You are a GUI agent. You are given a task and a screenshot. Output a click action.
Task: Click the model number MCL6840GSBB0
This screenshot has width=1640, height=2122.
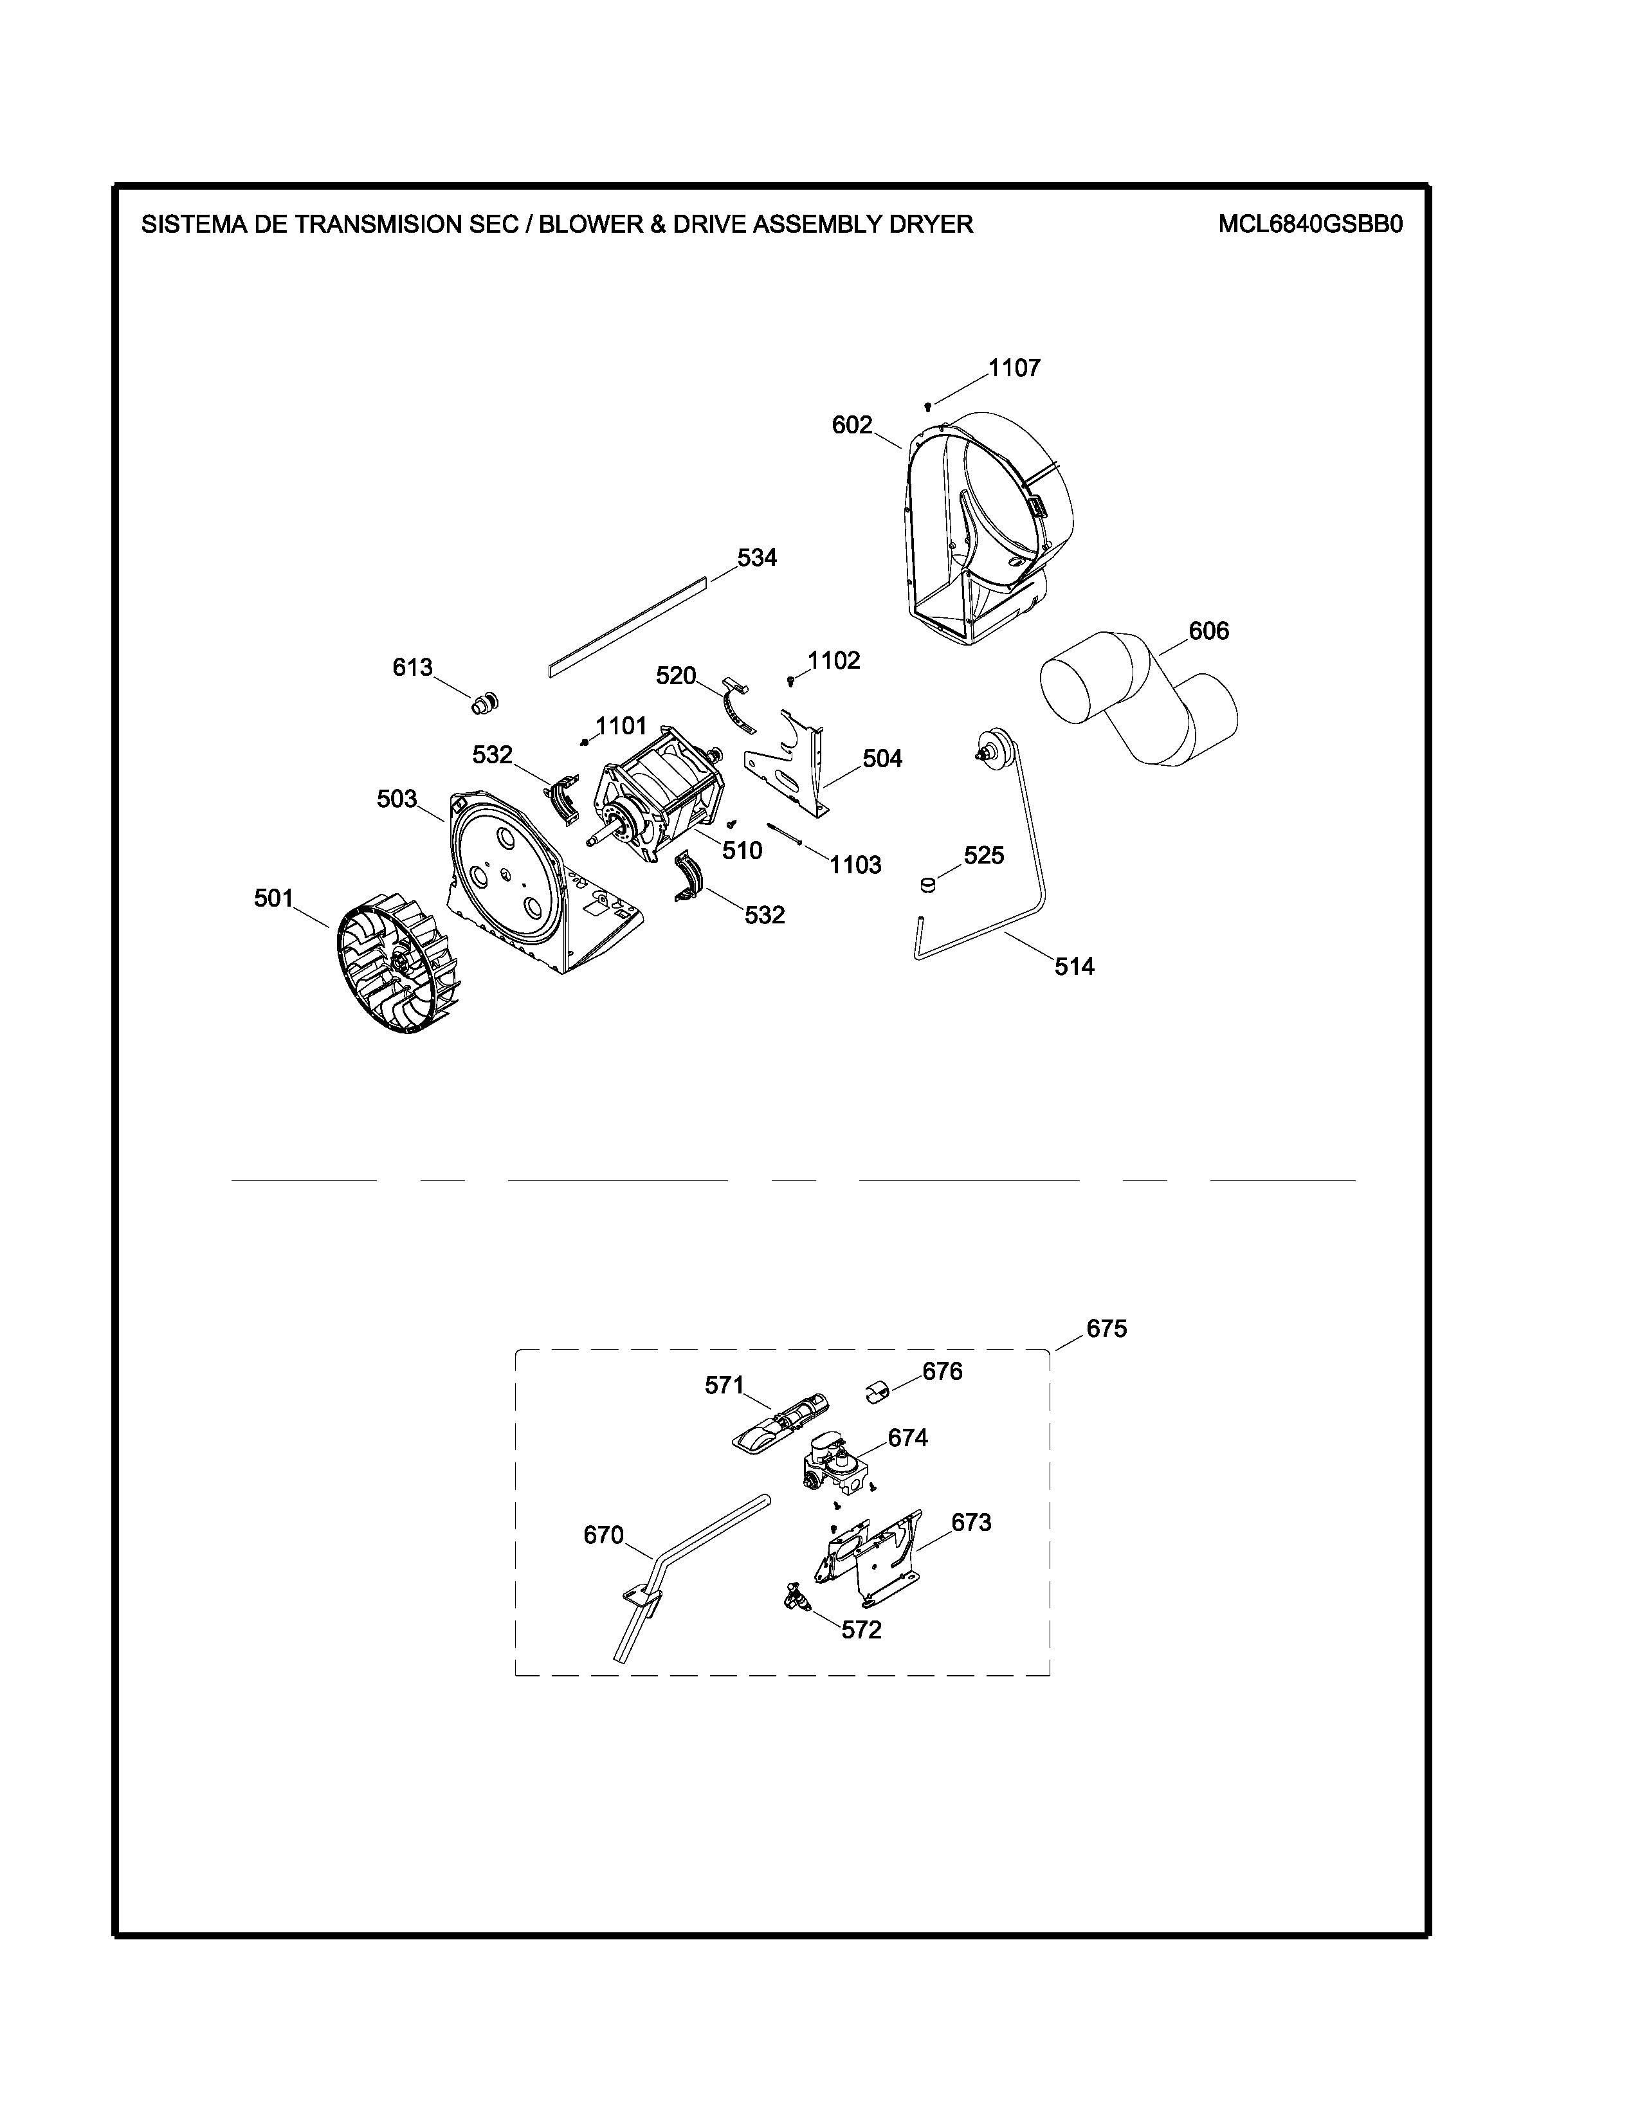[x=1311, y=224]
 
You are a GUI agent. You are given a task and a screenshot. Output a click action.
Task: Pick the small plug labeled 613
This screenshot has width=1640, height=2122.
[x=484, y=702]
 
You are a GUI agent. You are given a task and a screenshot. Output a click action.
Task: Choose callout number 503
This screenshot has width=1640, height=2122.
[x=396, y=799]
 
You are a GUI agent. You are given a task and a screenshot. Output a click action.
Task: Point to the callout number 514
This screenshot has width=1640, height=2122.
[x=1075, y=966]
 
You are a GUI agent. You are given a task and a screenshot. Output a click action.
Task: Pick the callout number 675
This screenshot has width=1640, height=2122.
[x=1107, y=1329]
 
